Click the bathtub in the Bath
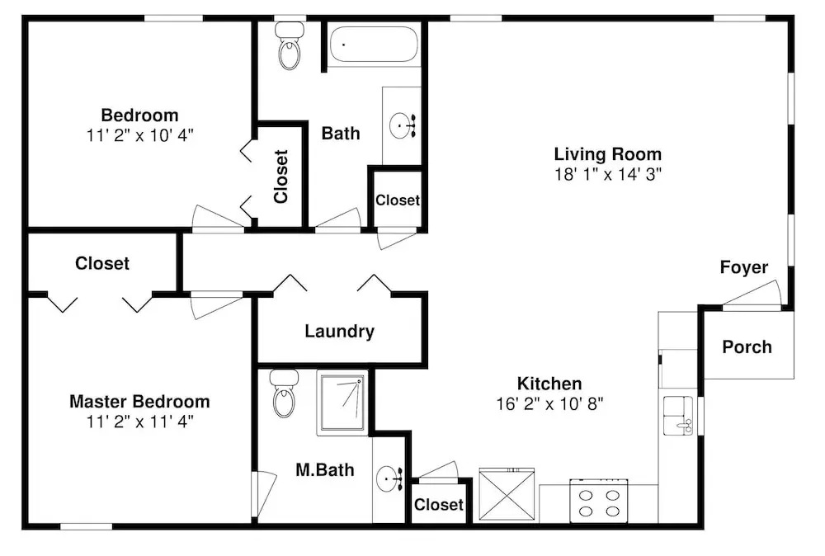[x=374, y=45]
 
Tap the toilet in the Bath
[x=289, y=45]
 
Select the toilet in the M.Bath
[x=284, y=393]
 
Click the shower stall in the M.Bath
[x=342, y=403]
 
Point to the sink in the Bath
[x=402, y=125]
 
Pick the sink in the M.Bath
[x=389, y=478]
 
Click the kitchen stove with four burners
[x=599, y=501]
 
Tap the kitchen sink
[x=678, y=416]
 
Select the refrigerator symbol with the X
[x=507, y=494]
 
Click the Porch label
[x=747, y=347]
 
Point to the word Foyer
[x=744, y=267]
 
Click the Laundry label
[x=339, y=331]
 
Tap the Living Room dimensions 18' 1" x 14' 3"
[x=608, y=174]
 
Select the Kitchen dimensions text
[x=549, y=404]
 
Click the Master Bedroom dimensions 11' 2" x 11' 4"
[x=140, y=422]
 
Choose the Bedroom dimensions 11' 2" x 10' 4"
[x=140, y=135]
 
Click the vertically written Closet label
[x=281, y=177]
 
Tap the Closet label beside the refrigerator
[x=439, y=505]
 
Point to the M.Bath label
[x=324, y=469]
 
